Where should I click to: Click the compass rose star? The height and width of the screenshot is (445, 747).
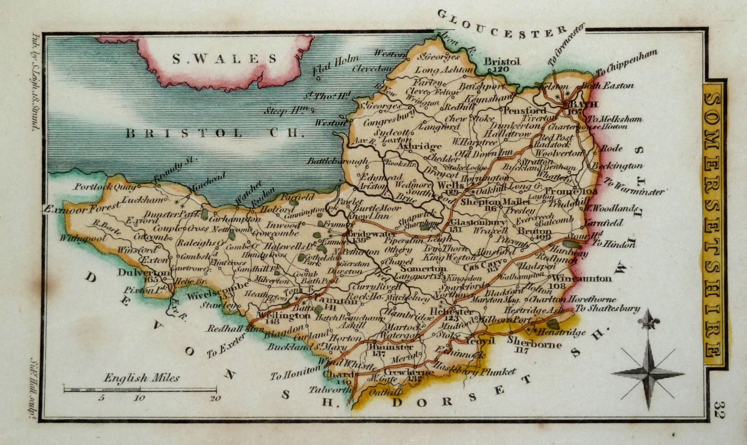click(649, 372)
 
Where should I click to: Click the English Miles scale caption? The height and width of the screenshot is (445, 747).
click(141, 378)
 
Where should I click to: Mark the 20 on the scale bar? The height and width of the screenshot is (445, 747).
click(215, 398)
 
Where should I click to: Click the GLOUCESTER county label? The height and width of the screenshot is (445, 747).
click(502, 23)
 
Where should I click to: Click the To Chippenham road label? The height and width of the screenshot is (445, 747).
click(628, 63)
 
